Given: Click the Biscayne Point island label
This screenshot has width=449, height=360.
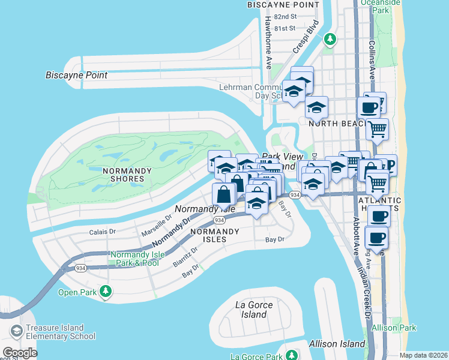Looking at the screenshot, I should click(x=77, y=76).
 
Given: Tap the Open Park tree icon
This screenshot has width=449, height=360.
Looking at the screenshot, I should click(x=106, y=292).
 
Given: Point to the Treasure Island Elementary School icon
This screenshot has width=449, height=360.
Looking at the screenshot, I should click(x=16, y=331).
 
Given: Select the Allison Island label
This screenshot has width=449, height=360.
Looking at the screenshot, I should click(x=337, y=344).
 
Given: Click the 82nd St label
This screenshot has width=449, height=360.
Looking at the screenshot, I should click(x=285, y=17).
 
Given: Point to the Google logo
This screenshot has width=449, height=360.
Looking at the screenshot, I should click(x=20, y=352).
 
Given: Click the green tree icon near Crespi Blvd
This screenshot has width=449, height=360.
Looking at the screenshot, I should click(x=330, y=40).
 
